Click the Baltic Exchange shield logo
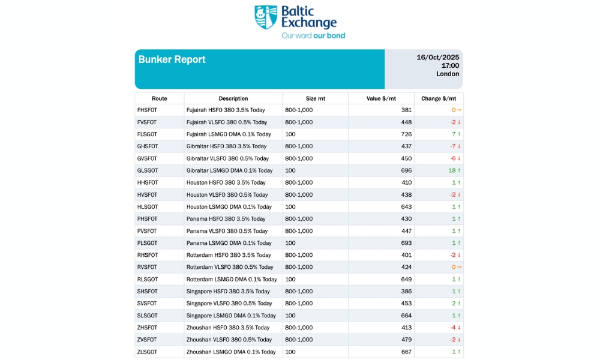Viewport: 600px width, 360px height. click(266, 17)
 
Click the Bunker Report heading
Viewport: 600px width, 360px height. click(172, 59)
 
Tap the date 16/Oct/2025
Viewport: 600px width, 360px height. click(438, 58)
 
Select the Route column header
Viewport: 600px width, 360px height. click(160, 98)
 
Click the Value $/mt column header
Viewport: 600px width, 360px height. click(381, 98)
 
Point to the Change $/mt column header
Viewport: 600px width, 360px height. click(439, 98)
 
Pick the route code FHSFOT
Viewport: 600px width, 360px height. click(148, 110)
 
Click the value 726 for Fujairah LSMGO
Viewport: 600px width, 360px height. click(406, 134)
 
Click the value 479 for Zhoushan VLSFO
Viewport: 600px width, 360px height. click(406, 340)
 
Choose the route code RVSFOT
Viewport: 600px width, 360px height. click(148, 267)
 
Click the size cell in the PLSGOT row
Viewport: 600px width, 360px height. click(291, 243)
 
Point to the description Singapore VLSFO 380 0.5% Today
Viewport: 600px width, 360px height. click(228, 304)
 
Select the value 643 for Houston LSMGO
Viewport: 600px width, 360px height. click(406, 207)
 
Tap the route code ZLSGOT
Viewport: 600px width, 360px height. click(148, 352)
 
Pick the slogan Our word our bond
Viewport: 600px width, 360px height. click(313, 35)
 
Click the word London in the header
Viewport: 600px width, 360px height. click(448, 74)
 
